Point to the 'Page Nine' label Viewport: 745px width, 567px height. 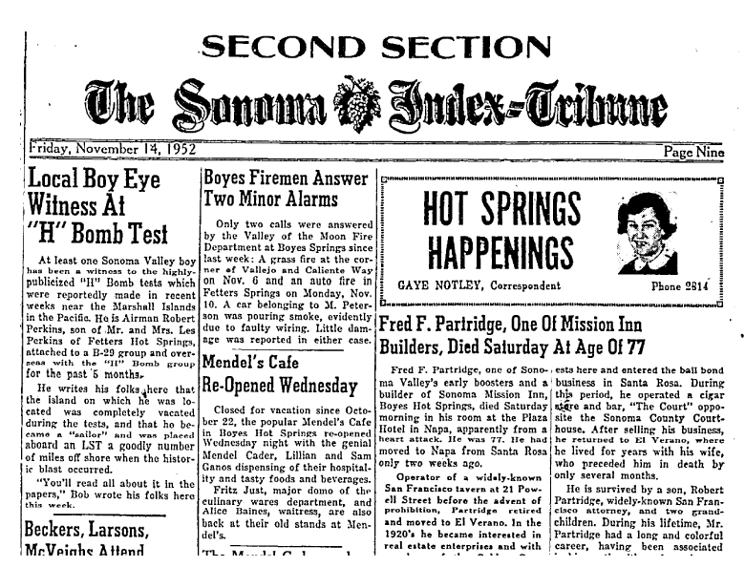(x=694, y=152)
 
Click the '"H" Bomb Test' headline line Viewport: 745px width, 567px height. (x=98, y=233)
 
